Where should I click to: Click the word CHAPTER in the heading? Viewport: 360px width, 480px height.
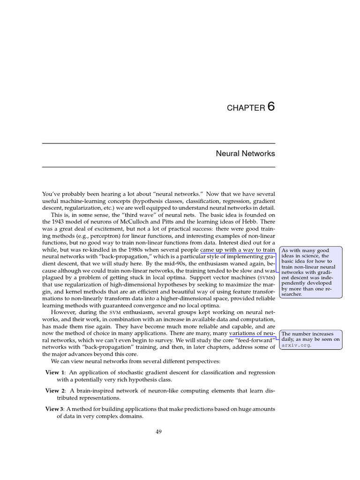(x=246, y=108)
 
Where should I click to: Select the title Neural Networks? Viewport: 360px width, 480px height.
(x=245, y=154)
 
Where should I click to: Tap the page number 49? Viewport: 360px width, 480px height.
(x=158, y=432)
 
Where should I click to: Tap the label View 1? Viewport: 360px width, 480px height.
(x=56, y=373)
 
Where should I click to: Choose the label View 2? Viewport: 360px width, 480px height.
(x=56, y=390)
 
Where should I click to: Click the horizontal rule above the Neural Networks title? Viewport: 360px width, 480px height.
(x=158, y=143)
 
